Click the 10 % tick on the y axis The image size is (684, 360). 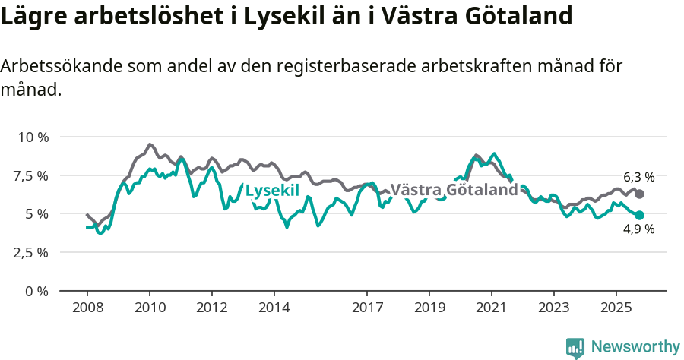[x=33, y=137]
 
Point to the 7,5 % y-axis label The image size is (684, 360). [x=32, y=176]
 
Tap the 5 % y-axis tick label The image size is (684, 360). [x=38, y=214]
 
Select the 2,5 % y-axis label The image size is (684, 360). [x=32, y=253]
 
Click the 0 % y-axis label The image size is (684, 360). [x=38, y=292]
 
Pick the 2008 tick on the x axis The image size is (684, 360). [x=87, y=308]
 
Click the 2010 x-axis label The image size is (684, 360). [x=150, y=308]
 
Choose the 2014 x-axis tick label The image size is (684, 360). [x=274, y=308]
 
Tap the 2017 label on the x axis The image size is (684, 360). [x=367, y=308]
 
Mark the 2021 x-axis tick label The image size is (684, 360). [x=491, y=308]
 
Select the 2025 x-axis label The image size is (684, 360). [x=616, y=308]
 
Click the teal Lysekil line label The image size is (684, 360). [x=272, y=190]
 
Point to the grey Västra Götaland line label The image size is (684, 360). [x=454, y=190]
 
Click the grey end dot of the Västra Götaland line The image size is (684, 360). [x=639, y=194]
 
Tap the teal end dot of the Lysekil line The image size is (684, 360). [x=639, y=216]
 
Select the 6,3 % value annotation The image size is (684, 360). [x=638, y=177]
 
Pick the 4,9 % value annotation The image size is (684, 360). [x=638, y=229]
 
